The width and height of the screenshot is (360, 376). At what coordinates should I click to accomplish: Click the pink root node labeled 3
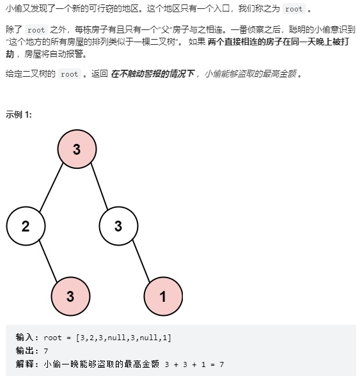pos(77,149)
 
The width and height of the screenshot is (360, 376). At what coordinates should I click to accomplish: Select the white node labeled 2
pos(26,226)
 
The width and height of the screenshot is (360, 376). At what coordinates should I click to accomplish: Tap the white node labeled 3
pos(118,226)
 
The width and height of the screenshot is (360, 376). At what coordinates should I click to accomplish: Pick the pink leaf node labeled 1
pos(163,297)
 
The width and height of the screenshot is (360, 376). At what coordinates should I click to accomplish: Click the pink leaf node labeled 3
pos(70,297)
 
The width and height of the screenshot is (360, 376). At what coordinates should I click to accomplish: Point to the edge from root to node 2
pos(51,187)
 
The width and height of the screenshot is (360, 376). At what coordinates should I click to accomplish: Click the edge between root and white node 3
pos(99,186)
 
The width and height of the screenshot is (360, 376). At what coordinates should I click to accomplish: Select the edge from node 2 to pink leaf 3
pos(48,261)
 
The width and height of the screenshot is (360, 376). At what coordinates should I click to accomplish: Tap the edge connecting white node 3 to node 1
pos(141,261)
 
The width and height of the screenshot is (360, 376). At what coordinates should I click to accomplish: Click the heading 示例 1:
pos(19,114)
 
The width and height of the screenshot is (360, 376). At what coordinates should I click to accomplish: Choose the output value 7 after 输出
pos(46,351)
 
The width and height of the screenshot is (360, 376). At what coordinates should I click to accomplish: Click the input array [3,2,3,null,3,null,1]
pos(123,338)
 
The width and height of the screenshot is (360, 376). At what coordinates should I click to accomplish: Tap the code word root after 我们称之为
pos(293,9)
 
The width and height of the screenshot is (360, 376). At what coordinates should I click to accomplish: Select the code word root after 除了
pos(36,30)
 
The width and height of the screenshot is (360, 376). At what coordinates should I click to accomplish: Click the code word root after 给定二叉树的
pos(70,74)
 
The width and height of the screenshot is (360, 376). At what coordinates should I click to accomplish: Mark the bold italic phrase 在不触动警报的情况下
pos(152,74)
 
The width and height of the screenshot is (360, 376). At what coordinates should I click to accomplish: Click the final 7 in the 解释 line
pos(222,364)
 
